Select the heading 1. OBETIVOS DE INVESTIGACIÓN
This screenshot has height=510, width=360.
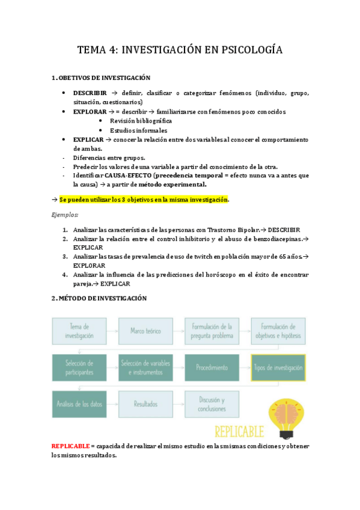tap(100, 78)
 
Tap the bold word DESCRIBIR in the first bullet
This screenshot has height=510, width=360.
tap(90, 94)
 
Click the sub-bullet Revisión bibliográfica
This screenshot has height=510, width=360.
tap(141, 121)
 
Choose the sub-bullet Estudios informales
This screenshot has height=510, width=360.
tap(138, 131)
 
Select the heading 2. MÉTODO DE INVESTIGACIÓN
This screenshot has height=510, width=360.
tap(99, 298)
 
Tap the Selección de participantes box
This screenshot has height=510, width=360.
tap(79, 367)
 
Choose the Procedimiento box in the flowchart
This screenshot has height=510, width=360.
tap(211, 367)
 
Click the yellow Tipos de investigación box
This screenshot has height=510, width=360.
tap(278, 367)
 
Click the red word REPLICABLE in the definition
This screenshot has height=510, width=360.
tap(70, 446)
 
